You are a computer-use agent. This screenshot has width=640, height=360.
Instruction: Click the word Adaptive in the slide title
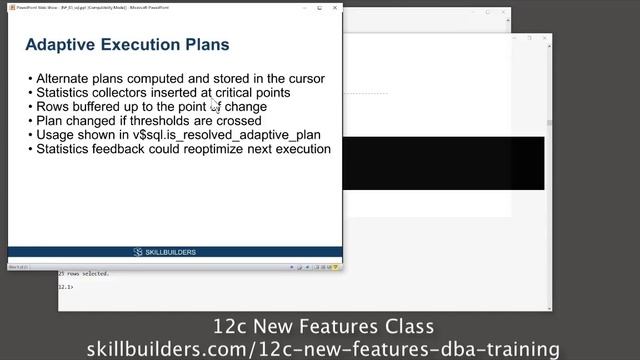59,45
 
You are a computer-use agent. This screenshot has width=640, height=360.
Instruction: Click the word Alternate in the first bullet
66,78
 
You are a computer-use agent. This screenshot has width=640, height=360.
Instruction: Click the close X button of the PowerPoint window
335,8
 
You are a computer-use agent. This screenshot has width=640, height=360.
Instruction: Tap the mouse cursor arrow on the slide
214,104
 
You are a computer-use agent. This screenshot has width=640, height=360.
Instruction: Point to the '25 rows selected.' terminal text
84,273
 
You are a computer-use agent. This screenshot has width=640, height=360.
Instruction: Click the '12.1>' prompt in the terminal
65,286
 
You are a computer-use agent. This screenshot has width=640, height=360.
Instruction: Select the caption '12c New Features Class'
323,327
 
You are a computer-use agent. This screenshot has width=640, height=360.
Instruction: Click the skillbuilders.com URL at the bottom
323,348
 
